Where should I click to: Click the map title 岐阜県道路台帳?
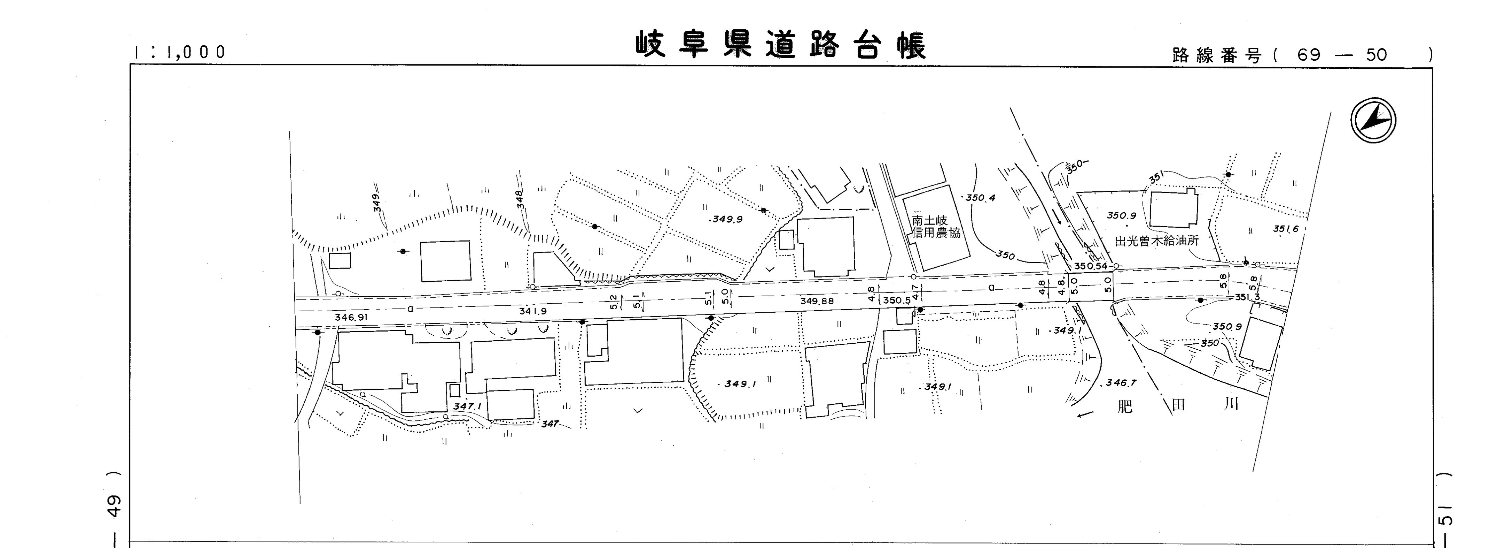click(x=780, y=45)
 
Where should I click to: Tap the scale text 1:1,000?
click(x=179, y=52)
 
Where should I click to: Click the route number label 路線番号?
click(x=1217, y=56)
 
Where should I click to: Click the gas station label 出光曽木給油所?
click(x=1156, y=240)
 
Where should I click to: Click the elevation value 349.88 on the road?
click(x=817, y=301)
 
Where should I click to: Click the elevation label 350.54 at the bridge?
click(x=1090, y=266)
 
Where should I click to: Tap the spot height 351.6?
click(x=1286, y=229)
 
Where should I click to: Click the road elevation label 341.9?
click(x=533, y=312)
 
